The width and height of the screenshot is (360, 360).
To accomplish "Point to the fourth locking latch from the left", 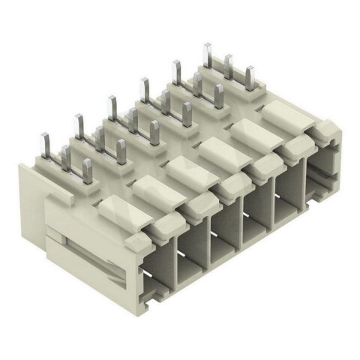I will coord(218,152).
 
